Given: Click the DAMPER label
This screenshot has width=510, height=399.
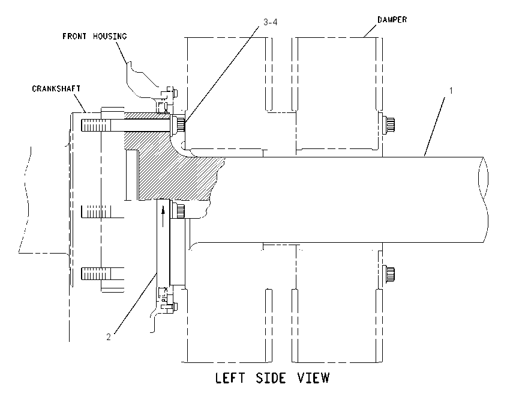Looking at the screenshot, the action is [392, 20].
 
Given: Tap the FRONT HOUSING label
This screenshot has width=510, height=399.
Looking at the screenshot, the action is [95, 36].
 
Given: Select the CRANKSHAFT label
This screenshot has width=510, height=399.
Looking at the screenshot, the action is [56, 88].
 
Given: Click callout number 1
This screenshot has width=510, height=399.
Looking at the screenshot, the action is [451, 91].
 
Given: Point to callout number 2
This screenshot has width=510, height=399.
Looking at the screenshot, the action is [109, 337].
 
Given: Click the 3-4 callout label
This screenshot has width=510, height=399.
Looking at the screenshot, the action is [270, 22].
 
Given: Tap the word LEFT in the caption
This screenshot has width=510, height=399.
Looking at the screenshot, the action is [230, 378].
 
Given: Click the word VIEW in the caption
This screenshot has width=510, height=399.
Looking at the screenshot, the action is [313, 378].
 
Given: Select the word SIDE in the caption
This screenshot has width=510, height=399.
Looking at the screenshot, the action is [271, 378].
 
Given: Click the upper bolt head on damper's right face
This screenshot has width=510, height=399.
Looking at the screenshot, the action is [389, 125].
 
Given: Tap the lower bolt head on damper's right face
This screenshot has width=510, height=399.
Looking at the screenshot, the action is [389, 273].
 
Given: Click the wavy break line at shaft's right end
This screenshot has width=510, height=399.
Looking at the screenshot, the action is [484, 199].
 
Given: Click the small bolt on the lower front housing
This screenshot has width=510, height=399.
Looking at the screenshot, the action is [172, 306].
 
